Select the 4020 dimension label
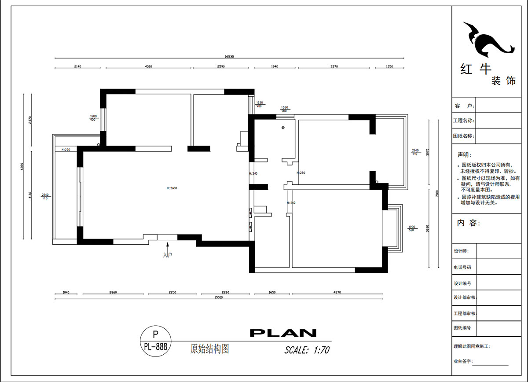point(148,66)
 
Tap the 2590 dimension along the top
point(221,66)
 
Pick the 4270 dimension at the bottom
point(337,292)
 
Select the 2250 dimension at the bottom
point(172,292)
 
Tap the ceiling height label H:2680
point(171,188)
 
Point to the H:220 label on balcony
point(66,150)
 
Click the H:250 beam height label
point(301,173)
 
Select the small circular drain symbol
point(283,128)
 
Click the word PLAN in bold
point(283,333)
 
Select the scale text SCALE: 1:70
point(307,350)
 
